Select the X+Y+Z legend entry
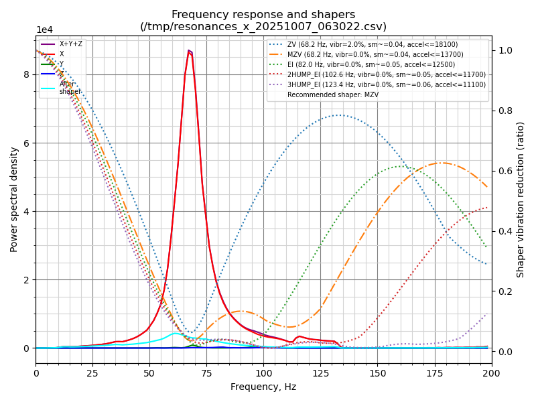[x=71, y=44]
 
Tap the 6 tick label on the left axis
[x=27, y=143]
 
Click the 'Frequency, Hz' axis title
[x=263, y=387]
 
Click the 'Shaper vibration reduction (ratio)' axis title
[x=521, y=200]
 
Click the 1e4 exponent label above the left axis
[x=45, y=29]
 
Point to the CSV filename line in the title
[x=263, y=27]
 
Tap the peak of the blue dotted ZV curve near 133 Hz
[x=340, y=115]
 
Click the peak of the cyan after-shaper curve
[x=176, y=333]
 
